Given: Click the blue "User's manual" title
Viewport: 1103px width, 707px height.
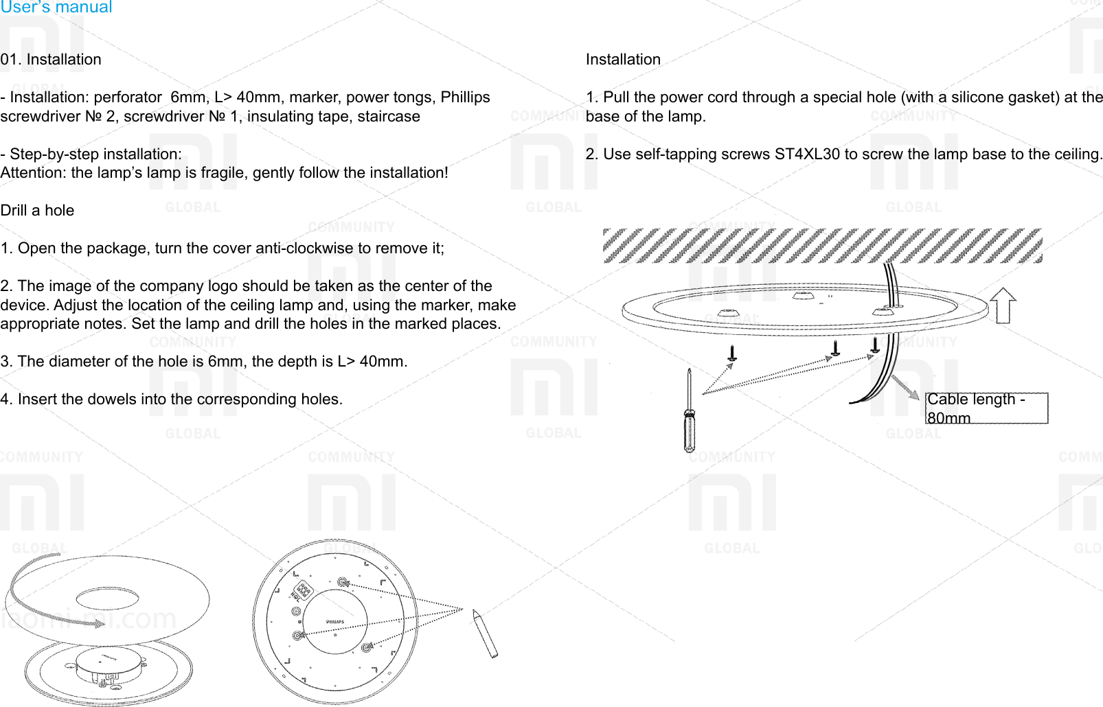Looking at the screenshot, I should [56, 8].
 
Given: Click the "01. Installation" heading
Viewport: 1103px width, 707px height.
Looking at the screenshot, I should [51, 60].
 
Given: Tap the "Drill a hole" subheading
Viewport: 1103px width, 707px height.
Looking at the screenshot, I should [37, 211].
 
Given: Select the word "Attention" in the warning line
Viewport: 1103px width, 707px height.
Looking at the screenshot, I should [32, 173].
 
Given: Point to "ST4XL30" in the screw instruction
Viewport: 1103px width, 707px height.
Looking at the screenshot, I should [806, 154].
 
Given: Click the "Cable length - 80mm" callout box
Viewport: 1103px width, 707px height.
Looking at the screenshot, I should [986, 408].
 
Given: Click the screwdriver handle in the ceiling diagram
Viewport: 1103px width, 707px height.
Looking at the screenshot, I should [690, 430].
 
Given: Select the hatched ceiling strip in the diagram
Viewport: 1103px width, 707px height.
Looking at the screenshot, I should [822, 246].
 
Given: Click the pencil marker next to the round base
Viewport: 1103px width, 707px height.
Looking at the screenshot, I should [484, 634].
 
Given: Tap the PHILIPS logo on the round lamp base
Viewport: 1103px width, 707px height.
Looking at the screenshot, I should [334, 622].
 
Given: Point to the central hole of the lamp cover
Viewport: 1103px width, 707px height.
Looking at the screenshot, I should [108, 599].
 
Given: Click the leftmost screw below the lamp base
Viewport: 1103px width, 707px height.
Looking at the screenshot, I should [733, 353].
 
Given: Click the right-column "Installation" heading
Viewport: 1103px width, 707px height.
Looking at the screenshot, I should [623, 60].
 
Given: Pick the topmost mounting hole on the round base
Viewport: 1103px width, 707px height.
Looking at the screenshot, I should [343, 583].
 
